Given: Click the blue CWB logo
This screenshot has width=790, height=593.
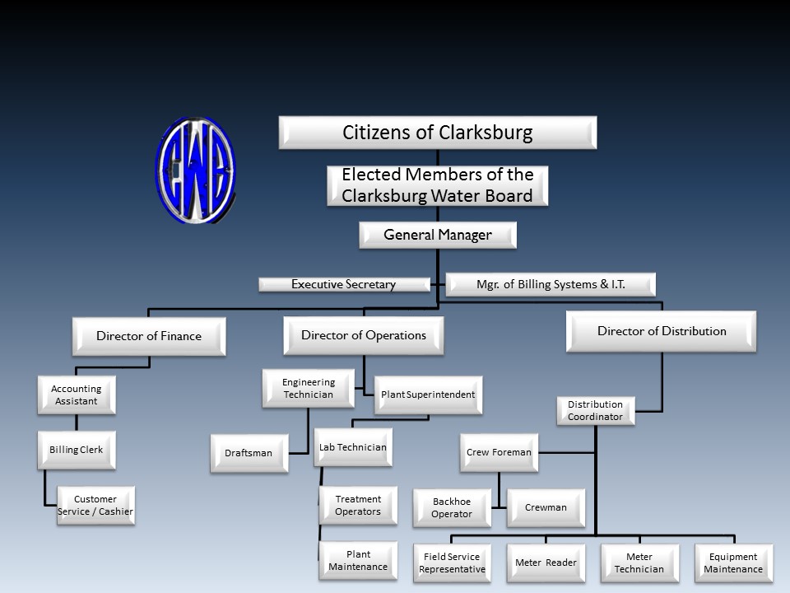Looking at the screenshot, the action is [x=196, y=170].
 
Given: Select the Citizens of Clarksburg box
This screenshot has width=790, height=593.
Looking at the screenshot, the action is [x=438, y=133].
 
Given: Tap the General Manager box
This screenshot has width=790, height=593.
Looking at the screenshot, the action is [x=438, y=235].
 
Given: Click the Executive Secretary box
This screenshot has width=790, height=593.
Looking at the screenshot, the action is [x=345, y=284].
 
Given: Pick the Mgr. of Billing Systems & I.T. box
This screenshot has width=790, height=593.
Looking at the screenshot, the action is [x=551, y=284].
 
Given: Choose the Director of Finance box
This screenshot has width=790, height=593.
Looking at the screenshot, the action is [x=149, y=336].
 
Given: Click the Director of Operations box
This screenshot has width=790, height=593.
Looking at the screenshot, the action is [x=364, y=335].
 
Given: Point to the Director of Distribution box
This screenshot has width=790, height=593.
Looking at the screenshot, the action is [x=662, y=331].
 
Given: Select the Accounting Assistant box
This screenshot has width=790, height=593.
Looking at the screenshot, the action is [x=77, y=395].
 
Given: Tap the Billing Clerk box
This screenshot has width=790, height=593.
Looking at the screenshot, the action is [x=77, y=450].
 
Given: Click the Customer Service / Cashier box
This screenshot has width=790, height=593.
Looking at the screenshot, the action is [x=95, y=505].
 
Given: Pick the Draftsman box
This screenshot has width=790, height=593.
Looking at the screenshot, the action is [x=249, y=453].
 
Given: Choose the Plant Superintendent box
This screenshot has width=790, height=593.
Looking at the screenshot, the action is [x=428, y=395].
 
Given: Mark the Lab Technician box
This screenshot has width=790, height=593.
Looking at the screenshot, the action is [x=353, y=447].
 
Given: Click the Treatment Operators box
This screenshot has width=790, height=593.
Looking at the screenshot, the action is [x=358, y=505].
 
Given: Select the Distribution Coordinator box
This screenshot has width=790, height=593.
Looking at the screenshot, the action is [x=596, y=410].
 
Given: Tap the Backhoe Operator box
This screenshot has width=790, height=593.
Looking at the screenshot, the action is [x=452, y=508].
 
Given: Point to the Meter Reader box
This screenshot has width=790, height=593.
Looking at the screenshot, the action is [x=546, y=563].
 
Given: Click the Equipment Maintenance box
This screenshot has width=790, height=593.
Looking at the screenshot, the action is [x=733, y=563].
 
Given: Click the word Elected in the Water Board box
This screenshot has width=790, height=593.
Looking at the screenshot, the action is [x=371, y=175].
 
